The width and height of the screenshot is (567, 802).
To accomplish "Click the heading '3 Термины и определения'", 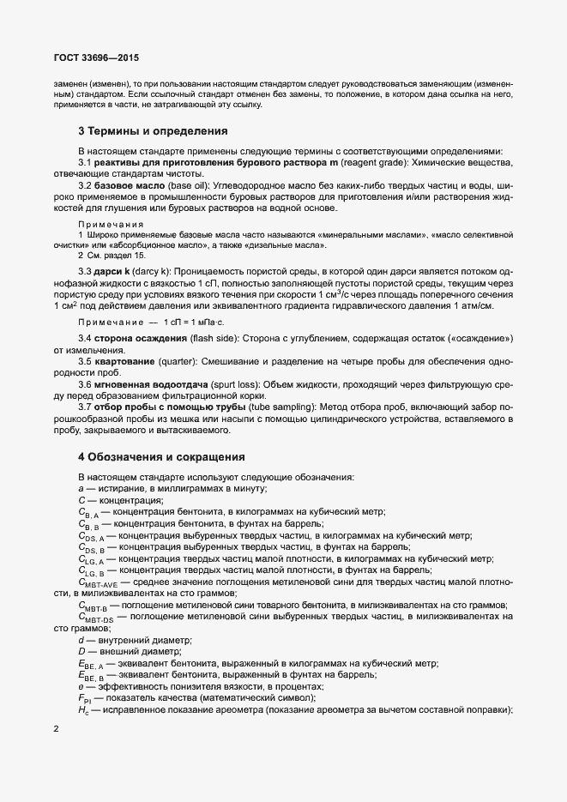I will [153, 131].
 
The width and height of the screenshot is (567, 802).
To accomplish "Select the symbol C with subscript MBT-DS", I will [95, 617].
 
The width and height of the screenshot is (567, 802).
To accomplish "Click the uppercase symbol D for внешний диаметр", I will [81, 651].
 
